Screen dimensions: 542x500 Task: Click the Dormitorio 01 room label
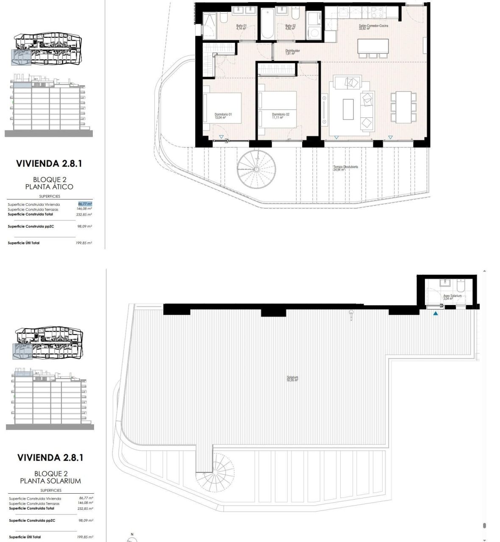(x=223, y=116)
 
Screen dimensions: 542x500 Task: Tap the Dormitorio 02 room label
(x=281, y=116)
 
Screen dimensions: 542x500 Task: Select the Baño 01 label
(x=241, y=27)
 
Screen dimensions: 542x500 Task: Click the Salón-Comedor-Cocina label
(x=373, y=27)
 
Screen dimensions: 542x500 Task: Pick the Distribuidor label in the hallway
(x=292, y=52)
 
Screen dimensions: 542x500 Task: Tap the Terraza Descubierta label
(x=345, y=168)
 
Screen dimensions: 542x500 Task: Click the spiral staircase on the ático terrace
(x=256, y=169)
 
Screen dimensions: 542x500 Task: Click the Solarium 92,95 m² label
(x=292, y=379)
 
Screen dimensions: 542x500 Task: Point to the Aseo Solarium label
(x=452, y=297)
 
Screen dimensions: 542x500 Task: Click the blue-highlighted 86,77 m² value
(x=85, y=204)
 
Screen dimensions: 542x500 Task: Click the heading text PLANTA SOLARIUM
(x=50, y=481)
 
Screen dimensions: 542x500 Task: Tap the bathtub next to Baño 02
(x=267, y=24)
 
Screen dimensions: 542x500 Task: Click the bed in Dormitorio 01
(x=222, y=108)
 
